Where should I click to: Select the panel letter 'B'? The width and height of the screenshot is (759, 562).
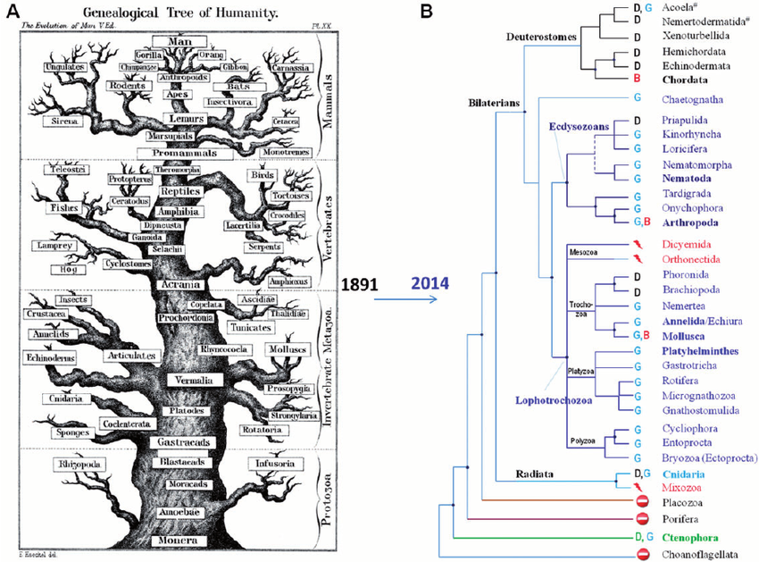pyautogui.click(x=426, y=12)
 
